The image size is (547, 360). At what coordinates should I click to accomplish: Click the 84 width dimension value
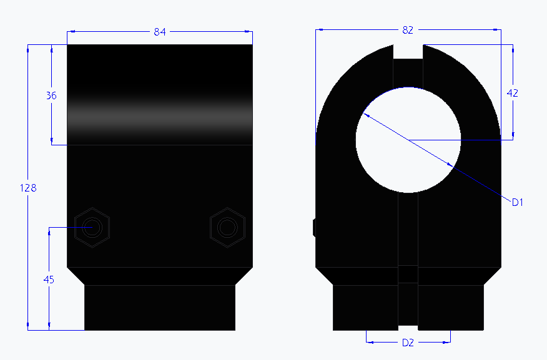point(160,32)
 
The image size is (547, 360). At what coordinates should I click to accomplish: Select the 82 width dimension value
point(408,29)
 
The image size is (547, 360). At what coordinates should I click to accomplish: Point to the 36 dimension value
point(51,95)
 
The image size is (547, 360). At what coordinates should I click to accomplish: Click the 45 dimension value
point(49,280)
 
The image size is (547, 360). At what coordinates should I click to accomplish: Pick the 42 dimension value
point(513,93)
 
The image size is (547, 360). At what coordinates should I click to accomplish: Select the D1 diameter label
point(516,202)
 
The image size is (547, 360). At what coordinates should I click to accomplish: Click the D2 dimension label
point(408,343)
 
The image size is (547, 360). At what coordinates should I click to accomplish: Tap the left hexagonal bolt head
point(92,227)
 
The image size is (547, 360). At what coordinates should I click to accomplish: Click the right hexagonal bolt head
point(227,227)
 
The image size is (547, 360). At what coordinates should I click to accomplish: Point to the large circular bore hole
point(408,140)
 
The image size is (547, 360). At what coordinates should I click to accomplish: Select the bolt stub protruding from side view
point(314,228)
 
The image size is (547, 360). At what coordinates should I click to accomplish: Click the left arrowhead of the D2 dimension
point(368,342)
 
